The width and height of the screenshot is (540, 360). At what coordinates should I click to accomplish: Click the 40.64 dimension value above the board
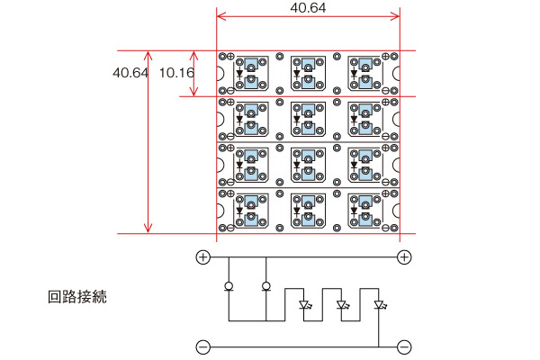tap(308, 7)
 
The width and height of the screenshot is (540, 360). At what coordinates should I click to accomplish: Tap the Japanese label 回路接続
tap(77, 296)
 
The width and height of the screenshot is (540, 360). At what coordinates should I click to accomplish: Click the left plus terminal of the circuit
tap(203, 257)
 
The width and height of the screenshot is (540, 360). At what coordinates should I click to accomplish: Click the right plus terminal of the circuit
tap(404, 257)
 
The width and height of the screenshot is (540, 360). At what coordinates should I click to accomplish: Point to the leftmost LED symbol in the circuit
tap(303, 304)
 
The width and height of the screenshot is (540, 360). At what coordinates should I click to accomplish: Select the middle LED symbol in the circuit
tap(341, 304)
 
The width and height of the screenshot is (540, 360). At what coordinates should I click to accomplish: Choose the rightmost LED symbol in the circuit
tap(379, 304)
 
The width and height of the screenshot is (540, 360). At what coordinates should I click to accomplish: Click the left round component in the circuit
tap(228, 288)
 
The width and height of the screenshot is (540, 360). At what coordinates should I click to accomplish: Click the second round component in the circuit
tap(266, 288)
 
